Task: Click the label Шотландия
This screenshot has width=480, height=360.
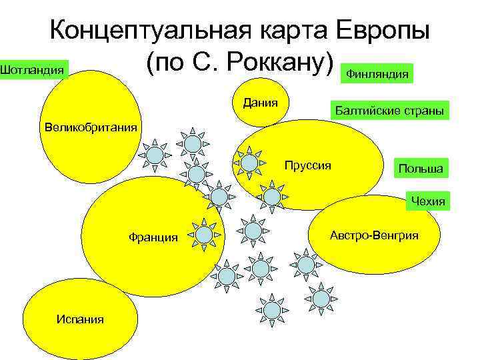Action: (33, 69)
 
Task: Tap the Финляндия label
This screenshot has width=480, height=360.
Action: (377, 74)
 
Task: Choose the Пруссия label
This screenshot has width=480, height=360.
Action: (307, 165)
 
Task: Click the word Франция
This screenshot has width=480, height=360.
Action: (153, 237)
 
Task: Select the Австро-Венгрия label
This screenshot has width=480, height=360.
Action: (374, 235)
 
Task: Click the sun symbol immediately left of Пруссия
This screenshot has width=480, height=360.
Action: (249, 162)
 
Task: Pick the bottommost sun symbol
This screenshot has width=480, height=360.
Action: (271, 310)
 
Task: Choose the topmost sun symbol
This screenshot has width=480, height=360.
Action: (192, 143)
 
